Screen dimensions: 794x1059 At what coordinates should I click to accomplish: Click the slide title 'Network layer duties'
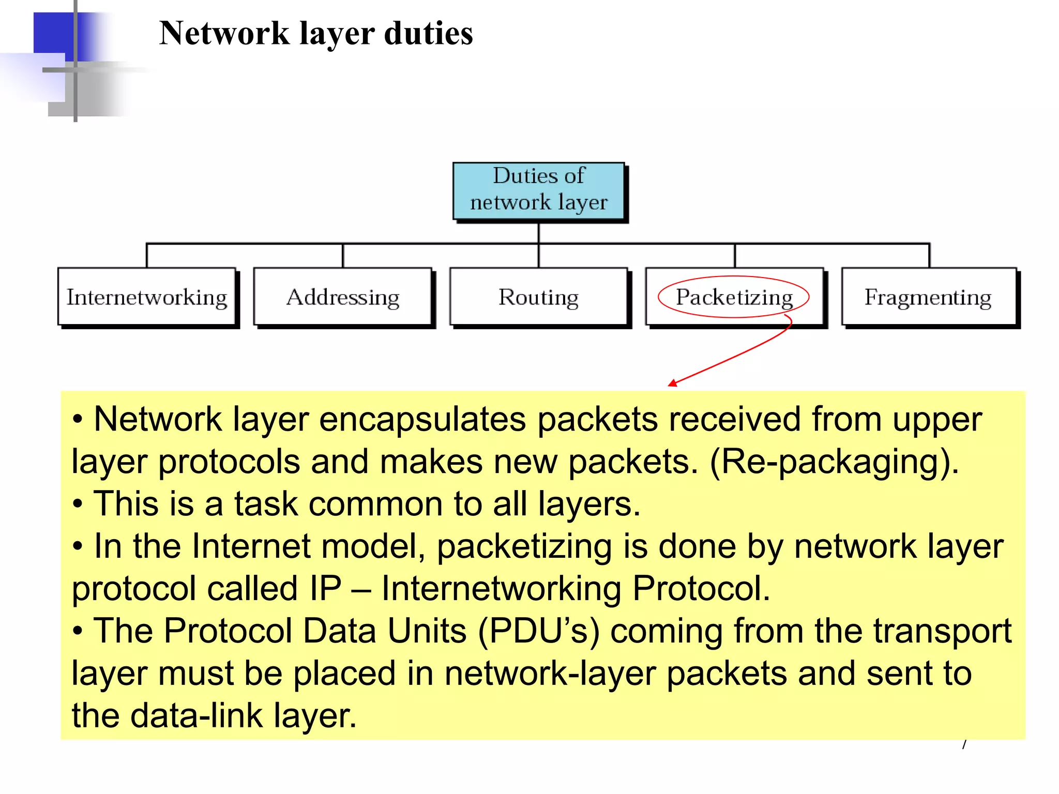pos(315,34)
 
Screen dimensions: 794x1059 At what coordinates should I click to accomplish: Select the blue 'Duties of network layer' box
pos(538,190)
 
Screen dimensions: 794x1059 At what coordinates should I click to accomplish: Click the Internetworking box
pos(147,297)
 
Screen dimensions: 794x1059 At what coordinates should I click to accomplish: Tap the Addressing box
pos(342,297)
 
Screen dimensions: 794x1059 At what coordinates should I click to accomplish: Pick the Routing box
pos(538,297)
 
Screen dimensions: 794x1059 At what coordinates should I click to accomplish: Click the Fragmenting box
pos(928,297)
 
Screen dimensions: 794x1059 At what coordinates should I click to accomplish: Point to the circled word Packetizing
pos(734,297)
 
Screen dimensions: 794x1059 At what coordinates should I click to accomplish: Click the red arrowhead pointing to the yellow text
pos(672,383)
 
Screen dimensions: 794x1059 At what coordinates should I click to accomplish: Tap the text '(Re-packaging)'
pos(834,462)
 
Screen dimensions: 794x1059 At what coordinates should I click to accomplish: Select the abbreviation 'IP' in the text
pos(326,589)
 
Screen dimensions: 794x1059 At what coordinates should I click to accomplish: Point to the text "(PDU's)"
pos(538,631)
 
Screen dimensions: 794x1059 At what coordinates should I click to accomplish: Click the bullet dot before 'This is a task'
pos(78,504)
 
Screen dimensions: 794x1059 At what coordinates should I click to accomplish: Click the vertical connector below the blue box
pos(538,233)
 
